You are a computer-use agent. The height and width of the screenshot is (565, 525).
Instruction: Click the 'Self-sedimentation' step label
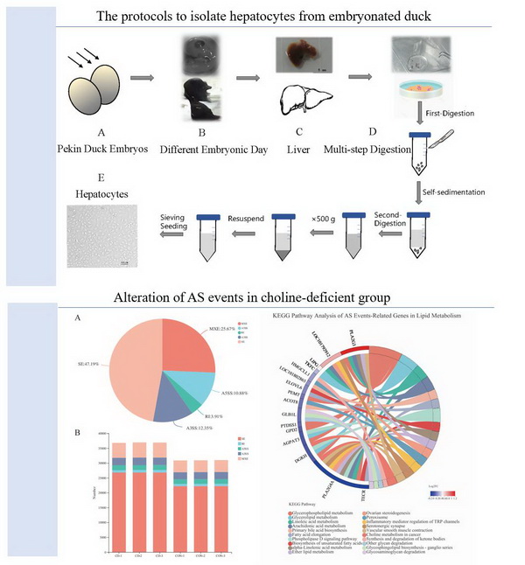pos(460,189)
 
